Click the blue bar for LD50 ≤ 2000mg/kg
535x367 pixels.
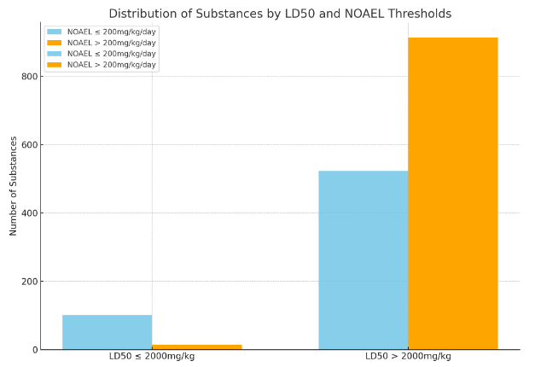coord(107,332)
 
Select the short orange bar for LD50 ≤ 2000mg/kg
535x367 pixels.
coord(196,347)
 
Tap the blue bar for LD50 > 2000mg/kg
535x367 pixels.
coord(363,259)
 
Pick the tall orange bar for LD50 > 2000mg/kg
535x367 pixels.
coord(452,193)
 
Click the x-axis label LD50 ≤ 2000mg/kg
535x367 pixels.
coord(152,356)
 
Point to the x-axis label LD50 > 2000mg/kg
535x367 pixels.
coord(408,356)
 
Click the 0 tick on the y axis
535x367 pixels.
coord(33,350)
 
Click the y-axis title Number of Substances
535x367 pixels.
coord(14,185)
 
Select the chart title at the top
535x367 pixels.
coord(280,14)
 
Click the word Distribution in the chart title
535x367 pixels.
coord(142,14)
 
